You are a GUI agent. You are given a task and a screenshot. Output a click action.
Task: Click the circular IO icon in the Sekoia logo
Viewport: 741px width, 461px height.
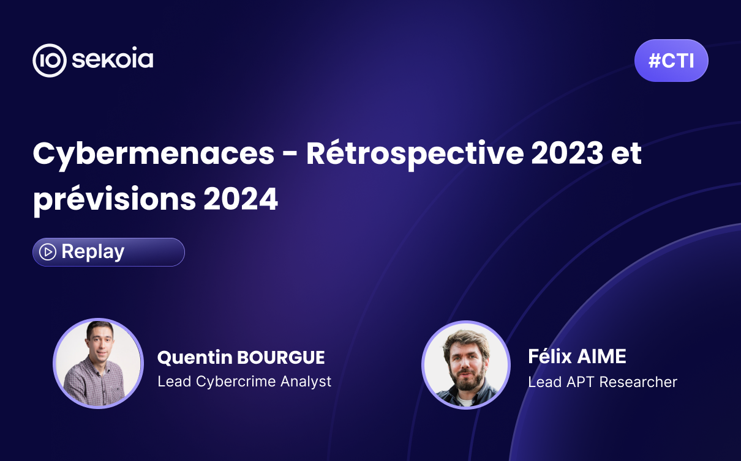(x=50, y=61)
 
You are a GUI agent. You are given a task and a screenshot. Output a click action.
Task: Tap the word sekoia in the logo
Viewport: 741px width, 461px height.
(x=113, y=59)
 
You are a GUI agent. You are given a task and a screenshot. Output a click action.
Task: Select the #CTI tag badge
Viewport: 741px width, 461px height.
(x=671, y=61)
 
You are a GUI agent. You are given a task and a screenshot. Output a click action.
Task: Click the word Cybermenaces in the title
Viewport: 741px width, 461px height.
(x=154, y=155)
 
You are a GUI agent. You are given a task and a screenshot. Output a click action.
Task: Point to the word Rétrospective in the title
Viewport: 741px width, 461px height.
(x=415, y=153)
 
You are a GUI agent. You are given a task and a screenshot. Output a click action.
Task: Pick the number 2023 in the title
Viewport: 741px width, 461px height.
(x=567, y=153)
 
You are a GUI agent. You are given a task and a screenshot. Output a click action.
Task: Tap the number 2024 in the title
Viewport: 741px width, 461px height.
(x=241, y=199)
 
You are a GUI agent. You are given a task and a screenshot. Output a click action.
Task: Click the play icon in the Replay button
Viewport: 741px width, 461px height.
(x=48, y=252)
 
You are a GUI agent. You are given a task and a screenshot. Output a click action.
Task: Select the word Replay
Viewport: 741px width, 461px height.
(x=92, y=252)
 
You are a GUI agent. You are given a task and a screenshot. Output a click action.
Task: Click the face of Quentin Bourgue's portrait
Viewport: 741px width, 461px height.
(x=100, y=343)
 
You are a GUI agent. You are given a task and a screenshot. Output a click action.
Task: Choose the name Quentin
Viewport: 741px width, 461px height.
(x=195, y=358)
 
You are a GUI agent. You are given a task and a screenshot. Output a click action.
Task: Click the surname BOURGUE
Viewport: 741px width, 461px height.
(x=281, y=357)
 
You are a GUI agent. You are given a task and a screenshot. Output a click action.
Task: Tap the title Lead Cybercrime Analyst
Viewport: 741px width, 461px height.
(x=244, y=382)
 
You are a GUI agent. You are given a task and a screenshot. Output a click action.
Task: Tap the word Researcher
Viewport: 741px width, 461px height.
(x=638, y=382)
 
